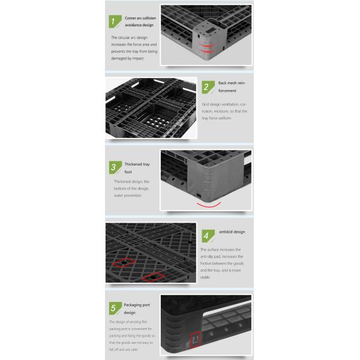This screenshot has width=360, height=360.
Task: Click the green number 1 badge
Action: (x=115, y=22)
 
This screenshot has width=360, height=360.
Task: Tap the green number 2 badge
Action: (x=208, y=87)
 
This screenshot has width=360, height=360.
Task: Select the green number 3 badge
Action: (x=115, y=167)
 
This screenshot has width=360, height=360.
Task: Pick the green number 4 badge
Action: (x=208, y=236)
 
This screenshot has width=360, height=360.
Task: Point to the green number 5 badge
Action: (x=115, y=308)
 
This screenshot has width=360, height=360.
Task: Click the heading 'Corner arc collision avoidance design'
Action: (x=140, y=22)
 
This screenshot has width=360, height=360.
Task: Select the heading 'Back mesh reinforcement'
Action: (x=232, y=87)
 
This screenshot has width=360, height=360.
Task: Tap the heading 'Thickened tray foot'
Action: (x=137, y=168)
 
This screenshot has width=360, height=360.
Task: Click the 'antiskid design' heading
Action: (x=232, y=232)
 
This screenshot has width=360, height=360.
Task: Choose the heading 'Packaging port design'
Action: (x=137, y=308)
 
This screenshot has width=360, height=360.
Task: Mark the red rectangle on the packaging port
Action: (x=196, y=339)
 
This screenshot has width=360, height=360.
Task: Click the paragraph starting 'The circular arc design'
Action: (x=134, y=48)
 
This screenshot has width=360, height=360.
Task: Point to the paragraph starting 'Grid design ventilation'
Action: (x=224, y=111)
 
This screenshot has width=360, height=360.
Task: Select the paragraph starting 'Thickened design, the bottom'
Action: (x=131, y=188)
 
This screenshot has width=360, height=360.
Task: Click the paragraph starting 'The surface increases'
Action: (x=222, y=263)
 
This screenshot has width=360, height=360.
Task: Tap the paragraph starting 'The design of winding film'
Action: (x=132, y=335)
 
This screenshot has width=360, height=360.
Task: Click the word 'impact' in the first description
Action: (x=138, y=59)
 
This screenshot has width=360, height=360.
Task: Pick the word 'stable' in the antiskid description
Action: (x=205, y=277)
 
